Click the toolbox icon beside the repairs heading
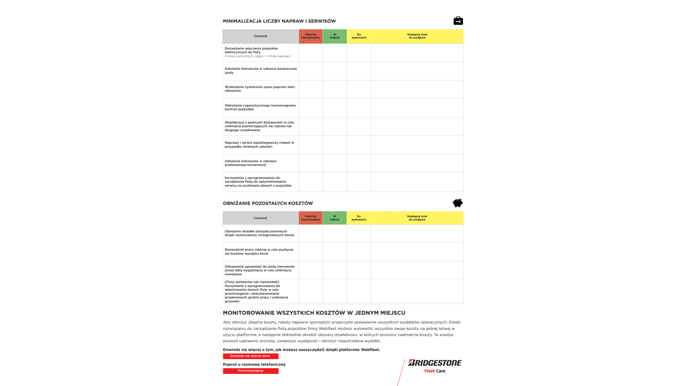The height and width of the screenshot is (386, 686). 458,21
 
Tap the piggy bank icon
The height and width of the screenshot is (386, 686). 457,203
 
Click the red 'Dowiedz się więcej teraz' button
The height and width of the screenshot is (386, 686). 250,356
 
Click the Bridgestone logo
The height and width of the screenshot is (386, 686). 435,363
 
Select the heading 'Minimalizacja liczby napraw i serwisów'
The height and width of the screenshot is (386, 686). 279,21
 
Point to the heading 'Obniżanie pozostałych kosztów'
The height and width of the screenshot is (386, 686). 268,203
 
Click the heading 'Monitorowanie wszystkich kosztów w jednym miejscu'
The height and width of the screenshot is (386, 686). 314,313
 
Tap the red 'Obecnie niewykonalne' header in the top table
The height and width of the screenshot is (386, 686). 310,36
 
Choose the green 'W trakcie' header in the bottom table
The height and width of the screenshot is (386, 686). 334,218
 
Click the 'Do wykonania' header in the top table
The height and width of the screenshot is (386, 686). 359,36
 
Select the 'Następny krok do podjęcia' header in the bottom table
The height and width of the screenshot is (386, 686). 417,218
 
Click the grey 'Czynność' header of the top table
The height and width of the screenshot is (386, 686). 260,36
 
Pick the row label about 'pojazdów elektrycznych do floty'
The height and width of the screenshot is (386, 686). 257,52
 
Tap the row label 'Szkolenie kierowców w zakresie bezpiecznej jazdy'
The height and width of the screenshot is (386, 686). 260,70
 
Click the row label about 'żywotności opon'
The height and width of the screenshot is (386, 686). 260,89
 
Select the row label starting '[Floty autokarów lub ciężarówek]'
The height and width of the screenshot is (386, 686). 257,291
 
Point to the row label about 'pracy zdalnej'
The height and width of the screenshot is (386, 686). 259,252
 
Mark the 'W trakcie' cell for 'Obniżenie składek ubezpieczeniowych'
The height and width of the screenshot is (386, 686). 334,233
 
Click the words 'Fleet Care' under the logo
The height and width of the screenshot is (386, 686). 434,371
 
